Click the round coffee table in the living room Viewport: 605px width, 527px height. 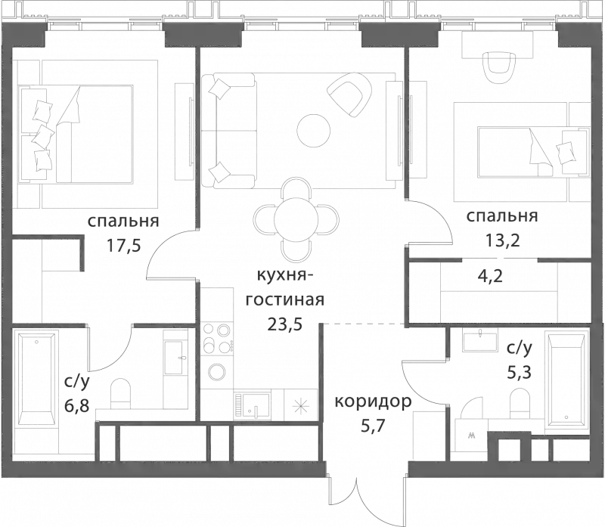pos(313,130)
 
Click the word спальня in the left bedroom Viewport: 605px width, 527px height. pos(123,222)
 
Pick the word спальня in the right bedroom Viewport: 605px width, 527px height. pos(502,217)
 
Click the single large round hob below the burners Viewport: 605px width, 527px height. pos(217,372)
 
